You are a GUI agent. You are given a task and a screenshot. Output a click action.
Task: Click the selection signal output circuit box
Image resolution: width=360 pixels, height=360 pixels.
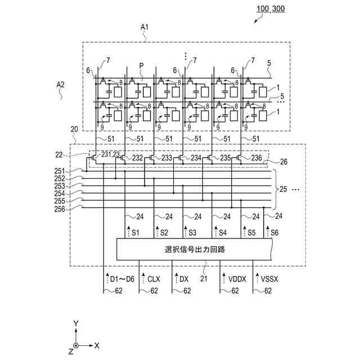tap(194, 249)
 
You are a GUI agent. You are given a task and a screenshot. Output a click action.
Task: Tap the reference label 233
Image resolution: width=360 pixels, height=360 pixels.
tap(166, 158)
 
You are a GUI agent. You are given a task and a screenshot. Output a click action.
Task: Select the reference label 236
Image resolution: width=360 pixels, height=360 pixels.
tap(256, 158)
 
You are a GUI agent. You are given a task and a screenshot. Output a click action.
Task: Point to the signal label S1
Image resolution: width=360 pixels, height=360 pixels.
tap(136, 233)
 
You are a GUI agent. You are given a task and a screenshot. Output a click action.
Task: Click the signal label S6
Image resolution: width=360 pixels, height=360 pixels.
tap(274, 232)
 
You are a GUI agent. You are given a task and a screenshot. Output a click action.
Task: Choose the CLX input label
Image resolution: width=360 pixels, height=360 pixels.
tap(154, 279)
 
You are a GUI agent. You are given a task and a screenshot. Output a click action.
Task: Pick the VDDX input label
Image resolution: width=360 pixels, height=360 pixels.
tap(237, 279)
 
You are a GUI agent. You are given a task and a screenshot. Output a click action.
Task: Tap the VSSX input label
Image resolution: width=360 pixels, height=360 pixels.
tap(269, 279)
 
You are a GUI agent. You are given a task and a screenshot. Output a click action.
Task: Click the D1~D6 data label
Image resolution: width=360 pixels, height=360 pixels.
tap(122, 279)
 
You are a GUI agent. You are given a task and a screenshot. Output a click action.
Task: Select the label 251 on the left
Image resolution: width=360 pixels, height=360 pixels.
tap(60, 171)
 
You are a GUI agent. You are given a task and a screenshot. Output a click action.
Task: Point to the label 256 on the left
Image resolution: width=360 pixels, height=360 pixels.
tap(60, 209)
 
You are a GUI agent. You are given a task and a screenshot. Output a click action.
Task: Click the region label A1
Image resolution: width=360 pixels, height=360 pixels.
tap(145, 28)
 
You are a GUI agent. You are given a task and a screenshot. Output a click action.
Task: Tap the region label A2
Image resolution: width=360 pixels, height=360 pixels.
tap(60, 85)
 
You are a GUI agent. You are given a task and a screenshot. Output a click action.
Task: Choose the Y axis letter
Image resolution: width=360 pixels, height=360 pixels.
tap(76, 324)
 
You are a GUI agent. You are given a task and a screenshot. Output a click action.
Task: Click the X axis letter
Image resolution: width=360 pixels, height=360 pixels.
tap(97, 345)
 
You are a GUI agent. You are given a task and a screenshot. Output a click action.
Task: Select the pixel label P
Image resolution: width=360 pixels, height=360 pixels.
tap(141, 66)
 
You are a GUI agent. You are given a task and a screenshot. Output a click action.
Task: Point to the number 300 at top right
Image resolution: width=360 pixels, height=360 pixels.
tap(278, 9)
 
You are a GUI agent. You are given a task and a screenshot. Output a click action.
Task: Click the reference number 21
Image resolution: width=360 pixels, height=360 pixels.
tap(204, 279)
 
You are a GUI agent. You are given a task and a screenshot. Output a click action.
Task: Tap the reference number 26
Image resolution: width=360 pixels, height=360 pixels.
tap(283, 162)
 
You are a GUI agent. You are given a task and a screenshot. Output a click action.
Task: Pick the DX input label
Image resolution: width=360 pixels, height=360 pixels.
tap(184, 279)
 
